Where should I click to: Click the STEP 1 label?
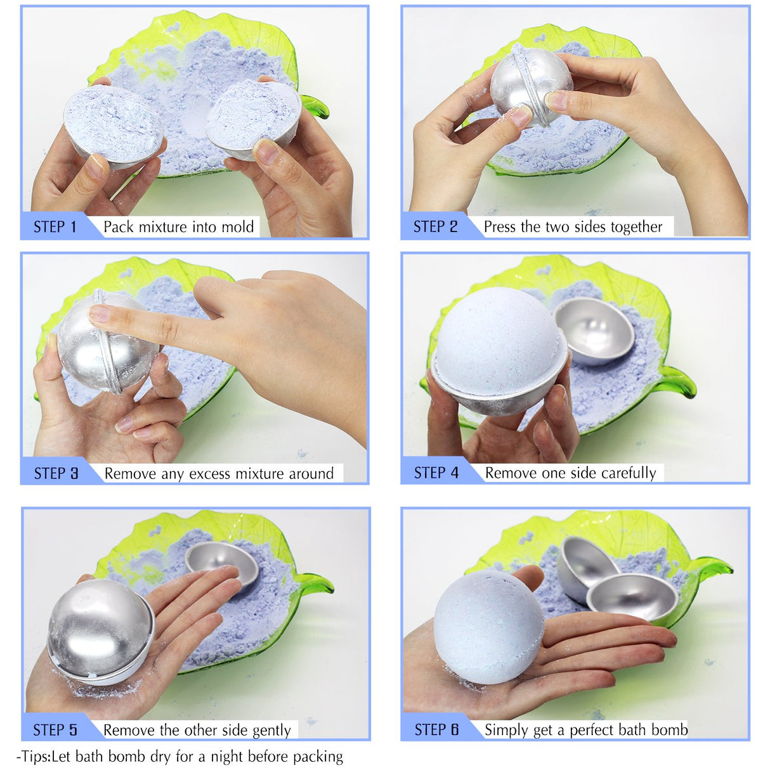point(55,227)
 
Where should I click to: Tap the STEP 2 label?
point(435,227)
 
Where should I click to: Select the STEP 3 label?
point(56,474)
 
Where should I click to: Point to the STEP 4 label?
point(436,473)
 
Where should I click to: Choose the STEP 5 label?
point(55,730)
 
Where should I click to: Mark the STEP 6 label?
point(436,730)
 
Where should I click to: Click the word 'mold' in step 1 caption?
point(238,227)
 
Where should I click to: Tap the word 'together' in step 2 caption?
point(636,227)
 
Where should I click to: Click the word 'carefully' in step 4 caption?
point(629,473)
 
